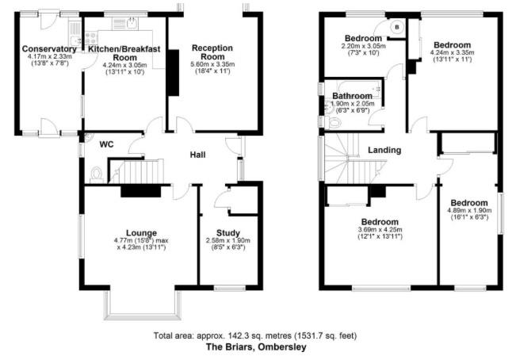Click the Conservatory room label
click(49, 49)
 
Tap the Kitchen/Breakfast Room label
click(124, 53)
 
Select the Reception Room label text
click(212, 52)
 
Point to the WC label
click(107, 144)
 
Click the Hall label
click(198, 155)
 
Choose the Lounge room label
click(142, 233)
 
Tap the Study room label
click(228, 233)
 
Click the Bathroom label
click(353, 96)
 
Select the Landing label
click(384, 151)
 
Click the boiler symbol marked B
click(397, 27)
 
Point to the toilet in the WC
click(96, 174)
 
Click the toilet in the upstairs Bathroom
click(334, 123)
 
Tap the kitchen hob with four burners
click(91, 38)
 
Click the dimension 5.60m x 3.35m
click(212, 64)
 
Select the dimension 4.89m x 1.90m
click(469, 211)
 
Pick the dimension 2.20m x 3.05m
click(363, 46)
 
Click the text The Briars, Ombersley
click(256, 347)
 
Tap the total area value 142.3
click(238, 336)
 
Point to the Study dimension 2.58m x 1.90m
click(228, 240)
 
